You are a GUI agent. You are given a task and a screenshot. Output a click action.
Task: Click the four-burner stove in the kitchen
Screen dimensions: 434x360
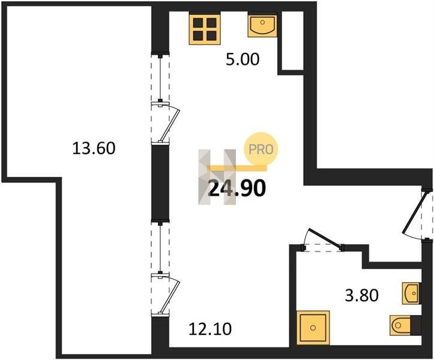tap(205, 29)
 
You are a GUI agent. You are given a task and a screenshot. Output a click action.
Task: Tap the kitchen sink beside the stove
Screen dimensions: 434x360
tap(262, 26)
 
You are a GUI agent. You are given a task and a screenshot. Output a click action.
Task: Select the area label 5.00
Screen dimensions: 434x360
tap(243, 59)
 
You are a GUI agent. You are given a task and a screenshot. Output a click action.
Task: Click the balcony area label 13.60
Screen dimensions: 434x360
tap(94, 148)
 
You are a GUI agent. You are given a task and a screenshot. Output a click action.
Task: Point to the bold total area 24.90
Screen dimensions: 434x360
tap(237, 188)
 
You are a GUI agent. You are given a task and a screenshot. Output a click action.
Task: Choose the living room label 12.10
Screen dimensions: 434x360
tap(210, 329)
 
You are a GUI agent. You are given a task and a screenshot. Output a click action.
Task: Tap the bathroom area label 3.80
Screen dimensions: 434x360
tap(361, 295)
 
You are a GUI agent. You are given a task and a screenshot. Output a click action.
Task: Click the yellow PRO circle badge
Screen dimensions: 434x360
tap(261, 149)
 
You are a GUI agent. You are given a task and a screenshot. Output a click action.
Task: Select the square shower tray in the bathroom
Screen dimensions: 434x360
tap(313, 328)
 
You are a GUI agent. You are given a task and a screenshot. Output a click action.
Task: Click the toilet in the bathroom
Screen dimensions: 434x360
tap(405, 325)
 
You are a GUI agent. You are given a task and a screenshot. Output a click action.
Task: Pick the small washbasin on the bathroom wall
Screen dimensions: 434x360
tap(412, 293)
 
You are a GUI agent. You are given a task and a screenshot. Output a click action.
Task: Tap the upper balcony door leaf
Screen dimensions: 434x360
tap(170, 125)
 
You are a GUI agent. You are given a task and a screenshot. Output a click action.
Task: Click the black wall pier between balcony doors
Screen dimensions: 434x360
tap(160, 182)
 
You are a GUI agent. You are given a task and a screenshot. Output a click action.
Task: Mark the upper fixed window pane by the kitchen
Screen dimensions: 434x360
tap(160, 79)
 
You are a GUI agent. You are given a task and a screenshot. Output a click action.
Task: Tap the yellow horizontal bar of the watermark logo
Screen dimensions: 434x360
tap(237, 168)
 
